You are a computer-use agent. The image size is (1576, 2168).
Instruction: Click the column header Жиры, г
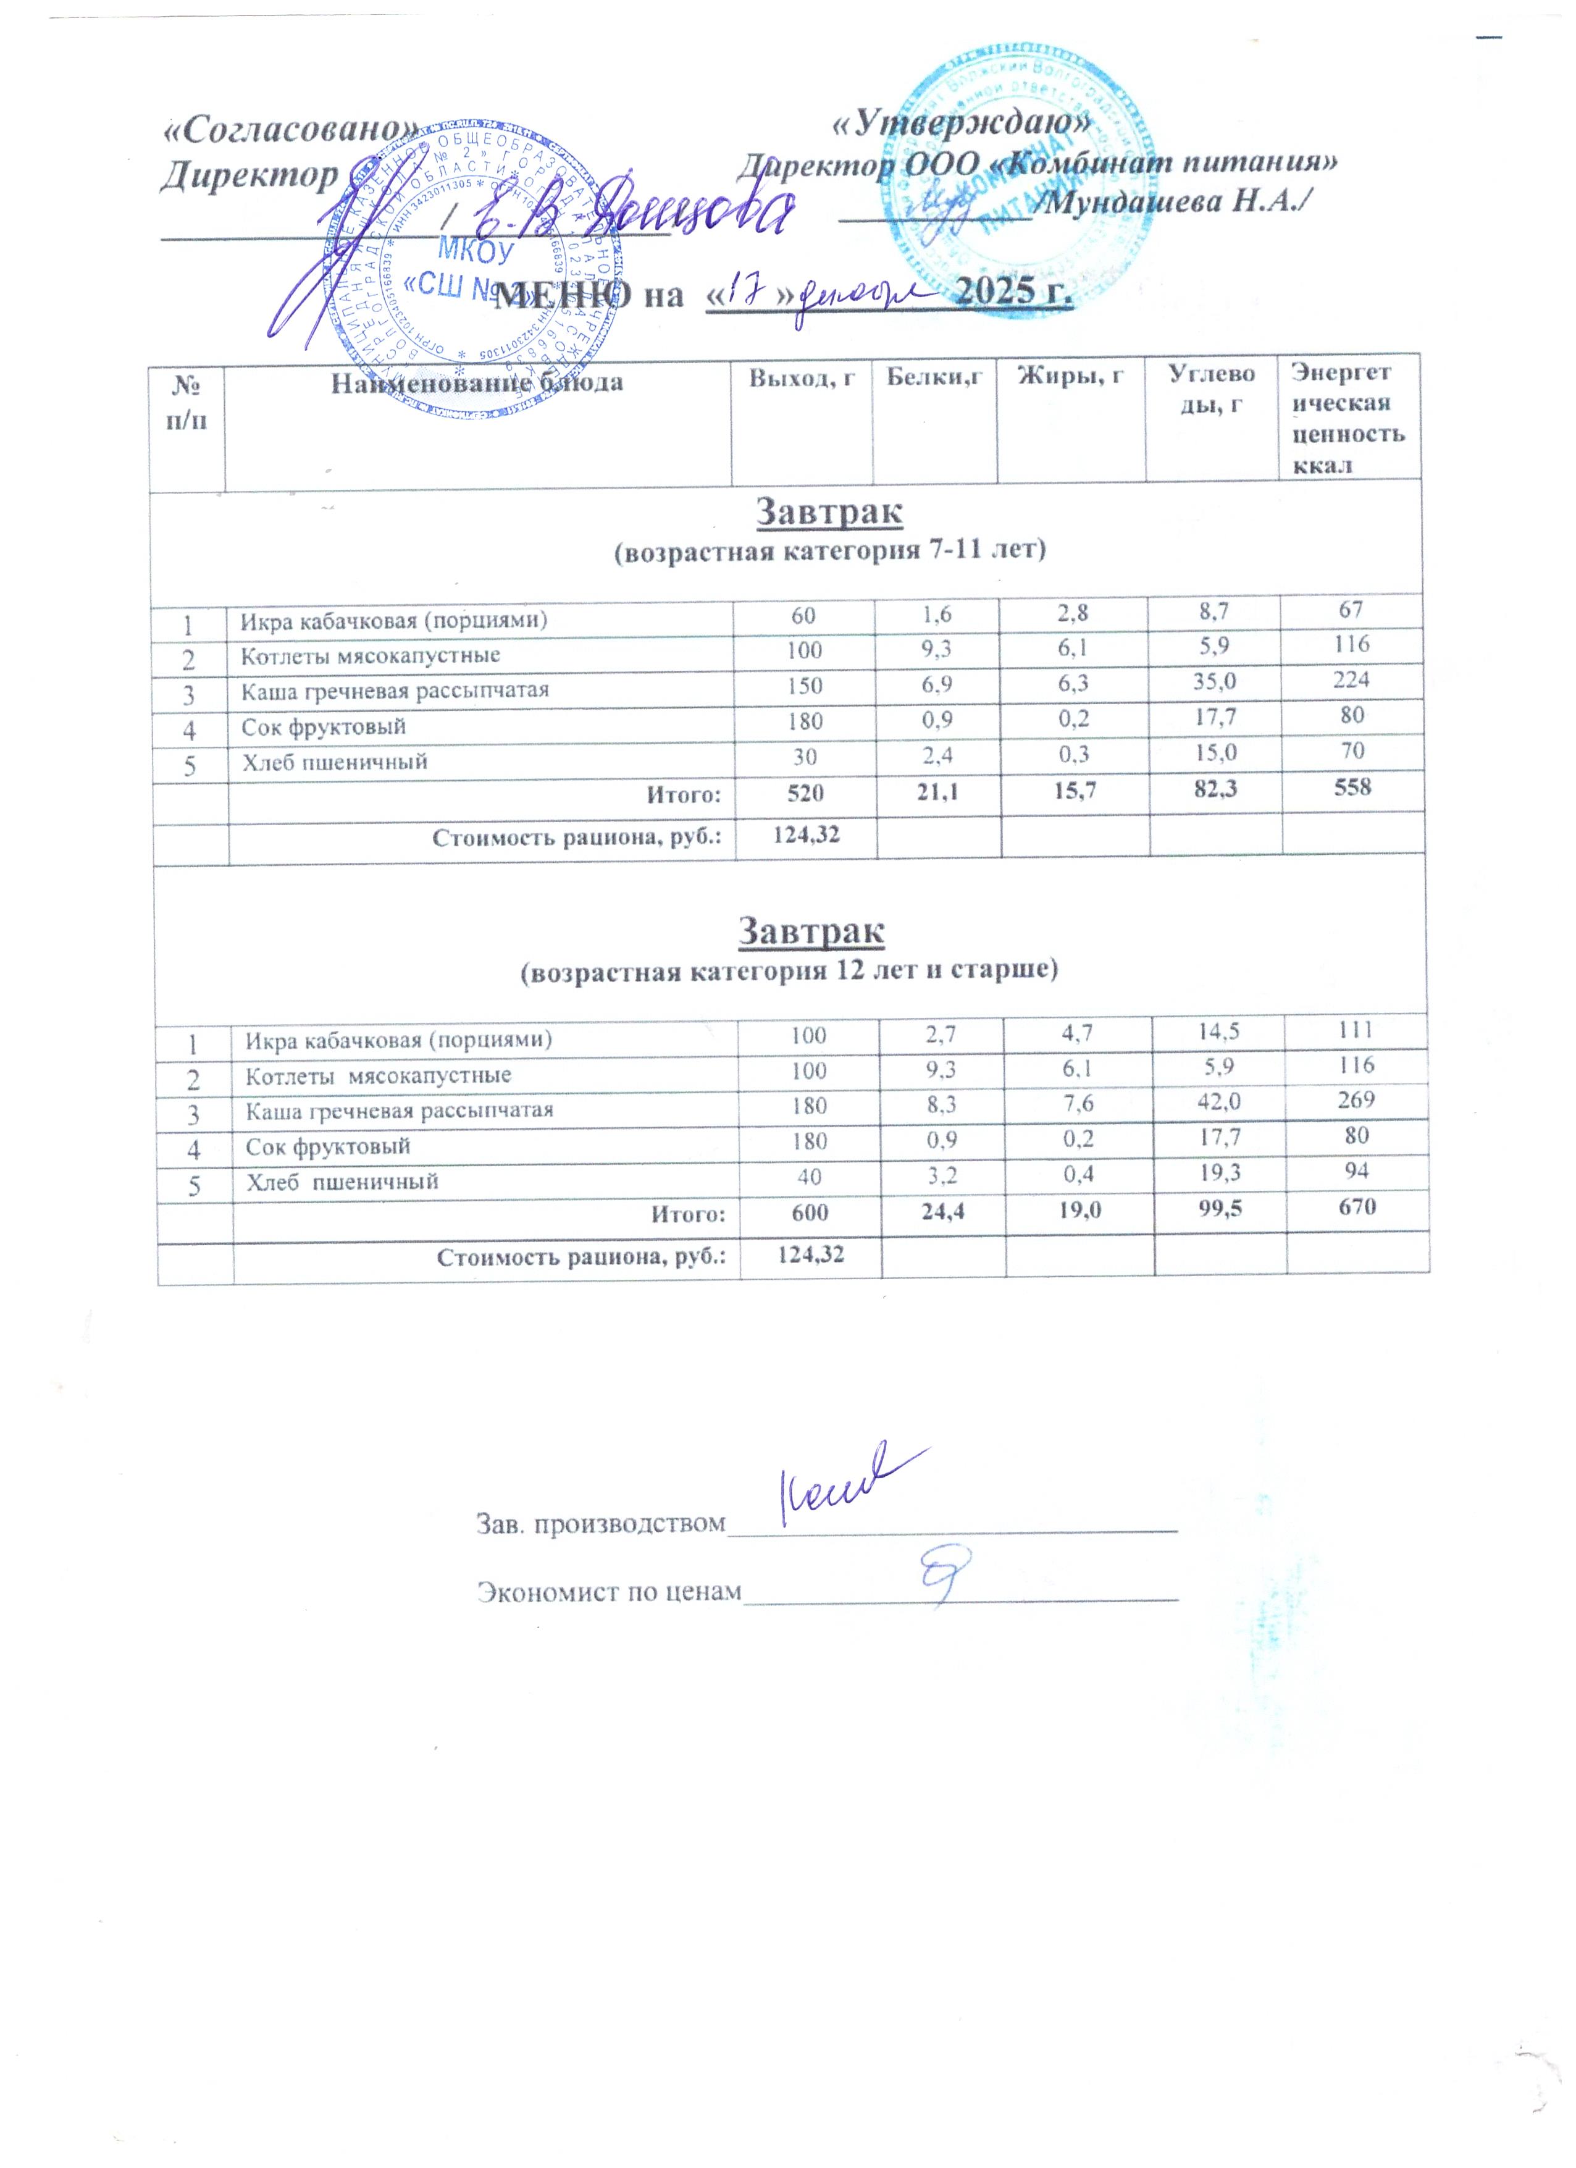[x=1070, y=377]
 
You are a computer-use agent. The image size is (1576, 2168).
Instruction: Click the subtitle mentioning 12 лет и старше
[x=789, y=971]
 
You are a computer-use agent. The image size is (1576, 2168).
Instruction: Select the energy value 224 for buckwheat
[x=1351, y=679]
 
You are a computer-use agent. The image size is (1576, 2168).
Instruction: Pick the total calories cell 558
[x=1351, y=788]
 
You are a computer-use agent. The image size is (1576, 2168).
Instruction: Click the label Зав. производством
[x=601, y=1523]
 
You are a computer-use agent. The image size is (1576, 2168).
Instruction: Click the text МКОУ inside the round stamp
[x=475, y=253]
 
